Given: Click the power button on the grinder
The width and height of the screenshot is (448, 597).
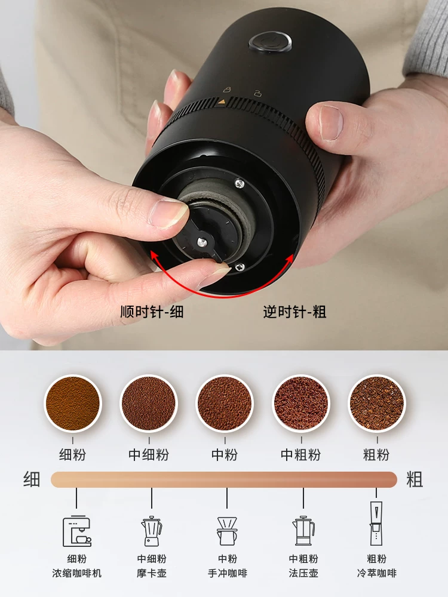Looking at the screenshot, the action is pyautogui.click(x=270, y=41).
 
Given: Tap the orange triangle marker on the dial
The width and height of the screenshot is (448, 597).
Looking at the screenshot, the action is pyautogui.click(x=222, y=102).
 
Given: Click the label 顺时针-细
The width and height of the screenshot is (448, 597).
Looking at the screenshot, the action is pyautogui.click(x=152, y=312).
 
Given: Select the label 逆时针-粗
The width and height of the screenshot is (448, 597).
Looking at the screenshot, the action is pyautogui.click(x=294, y=312).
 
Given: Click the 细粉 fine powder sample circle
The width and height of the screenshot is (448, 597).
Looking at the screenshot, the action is pyautogui.click(x=73, y=403).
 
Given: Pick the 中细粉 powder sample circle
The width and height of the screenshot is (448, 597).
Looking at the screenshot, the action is pyautogui.click(x=149, y=403).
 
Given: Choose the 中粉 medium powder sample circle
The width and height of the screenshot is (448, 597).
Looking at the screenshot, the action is pyautogui.click(x=225, y=403).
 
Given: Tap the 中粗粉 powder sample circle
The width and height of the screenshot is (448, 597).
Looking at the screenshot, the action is pyautogui.click(x=301, y=403).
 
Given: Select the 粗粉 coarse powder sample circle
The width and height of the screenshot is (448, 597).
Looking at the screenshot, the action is pyautogui.click(x=377, y=403).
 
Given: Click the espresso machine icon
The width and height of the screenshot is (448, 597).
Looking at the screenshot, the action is pyautogui.click(x=77, y=531).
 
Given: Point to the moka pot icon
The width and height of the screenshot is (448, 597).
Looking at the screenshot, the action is pyautogui.click(x=152, y=531).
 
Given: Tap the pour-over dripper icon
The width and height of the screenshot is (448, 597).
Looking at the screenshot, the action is pyautogui.click(x=227, y=531).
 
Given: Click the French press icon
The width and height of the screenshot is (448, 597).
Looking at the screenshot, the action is pyautogui.click(x=303, y=531).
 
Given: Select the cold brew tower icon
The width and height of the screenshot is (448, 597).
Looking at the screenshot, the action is pyautogui.click(x=376, y=524).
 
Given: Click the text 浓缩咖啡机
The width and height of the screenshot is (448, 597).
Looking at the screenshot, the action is pyautogui.click(x=77, y=573).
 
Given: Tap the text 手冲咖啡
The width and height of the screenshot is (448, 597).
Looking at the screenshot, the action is pyautogui.click(x=228, y=573).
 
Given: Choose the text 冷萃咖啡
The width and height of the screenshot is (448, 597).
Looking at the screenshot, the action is pyautogui.click(x=377, y=573).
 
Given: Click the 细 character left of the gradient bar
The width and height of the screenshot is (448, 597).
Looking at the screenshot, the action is pyautogui.click(x=32, y=479).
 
